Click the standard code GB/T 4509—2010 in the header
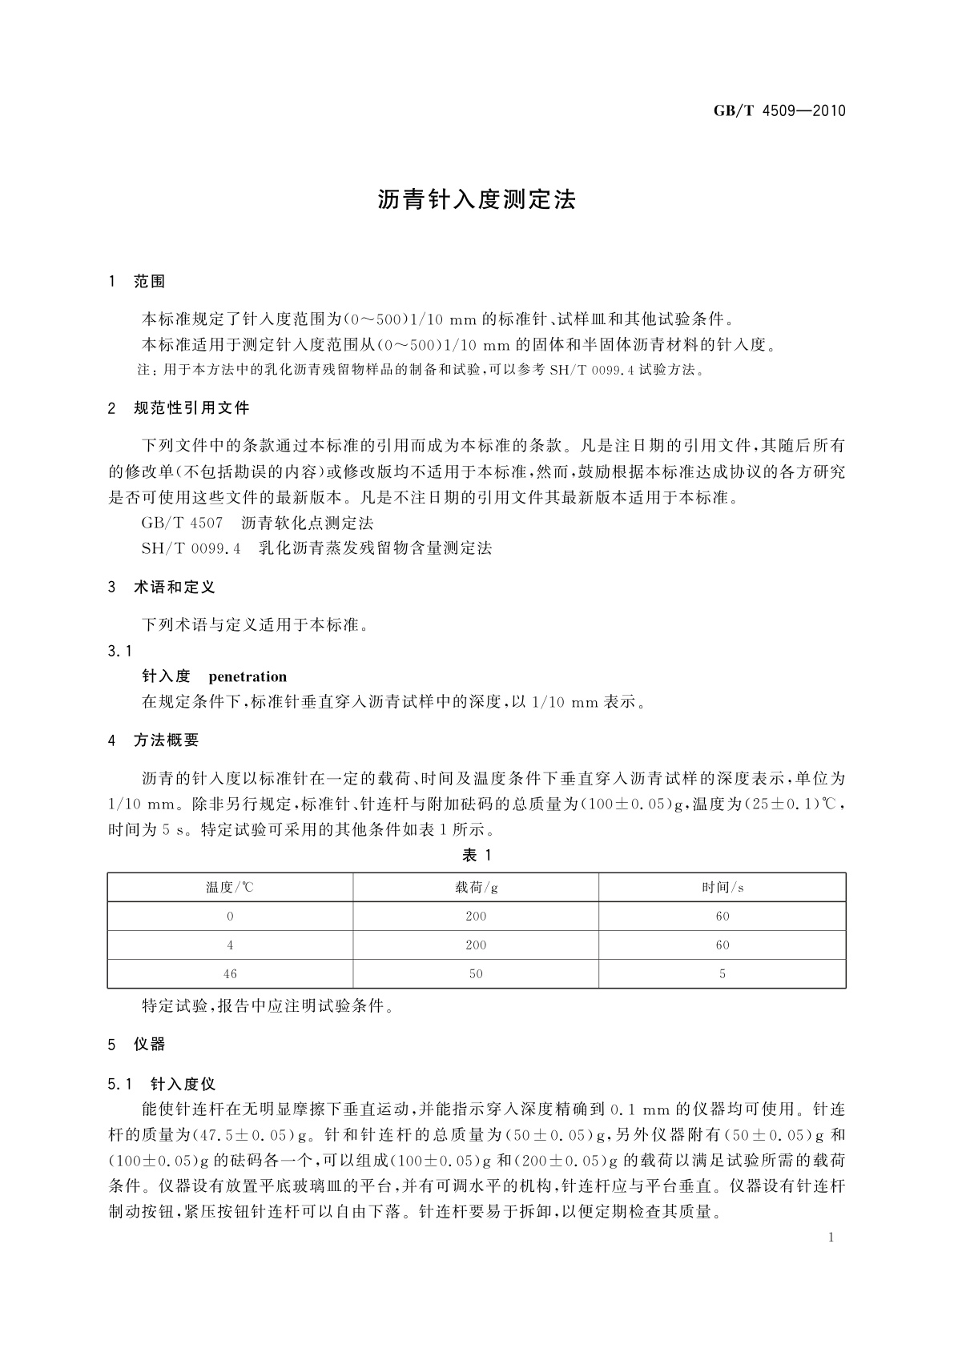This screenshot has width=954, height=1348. pos(779,110)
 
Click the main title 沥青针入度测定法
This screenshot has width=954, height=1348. pos(477,200)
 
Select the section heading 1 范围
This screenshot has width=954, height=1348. pos(137,281)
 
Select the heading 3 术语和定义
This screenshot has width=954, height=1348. pos(162,588)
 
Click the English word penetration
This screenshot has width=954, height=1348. pos(248,677)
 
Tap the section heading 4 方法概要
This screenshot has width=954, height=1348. pos(154,740)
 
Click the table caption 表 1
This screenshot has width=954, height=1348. pos(477,855)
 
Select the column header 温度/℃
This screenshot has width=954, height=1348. pos(230,887)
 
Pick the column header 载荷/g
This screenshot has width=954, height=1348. pos(476,887)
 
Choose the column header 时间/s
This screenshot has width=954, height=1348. pos(723,887)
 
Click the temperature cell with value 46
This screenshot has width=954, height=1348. pos(230,973)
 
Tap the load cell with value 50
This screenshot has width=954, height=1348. pos(476,973)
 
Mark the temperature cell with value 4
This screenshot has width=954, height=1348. pos(230,945)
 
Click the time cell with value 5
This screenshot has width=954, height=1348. pos(723,973)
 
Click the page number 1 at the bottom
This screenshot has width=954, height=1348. pos(831,1238)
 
